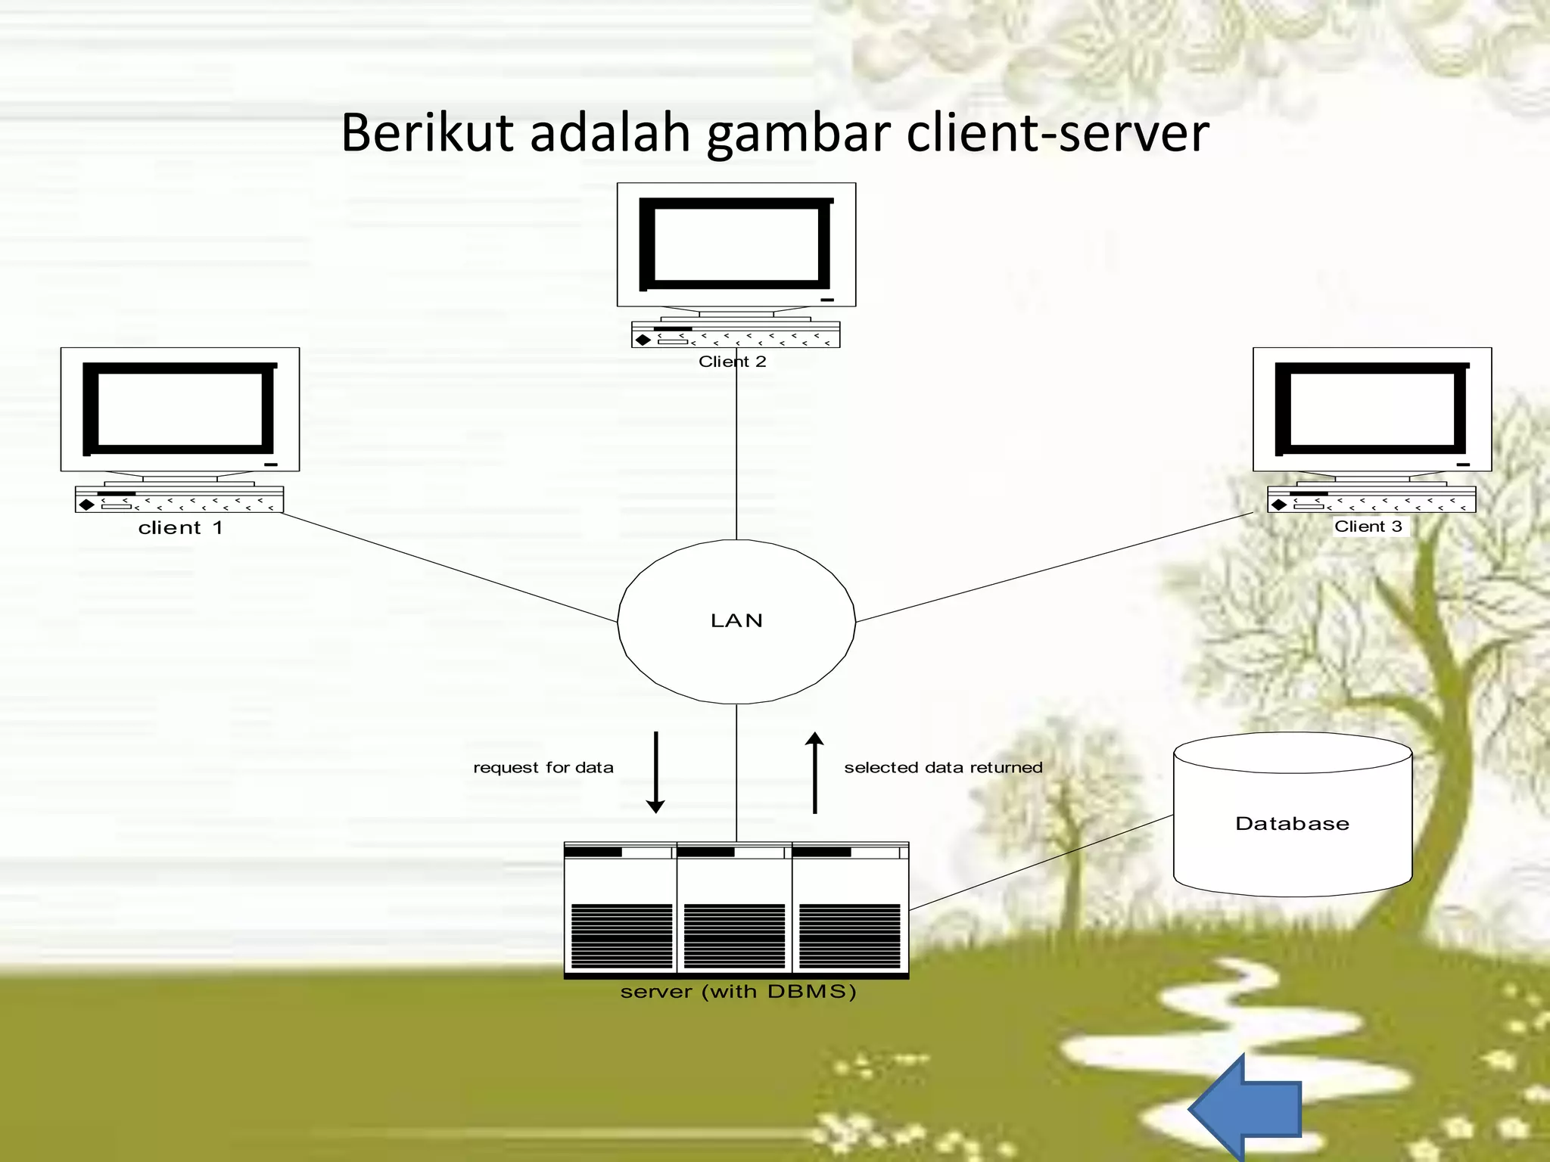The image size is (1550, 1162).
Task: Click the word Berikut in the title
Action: [x=427, y=133]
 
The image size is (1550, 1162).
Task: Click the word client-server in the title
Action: [x=1057, y=133]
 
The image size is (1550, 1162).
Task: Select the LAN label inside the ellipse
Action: [x=736, y=621]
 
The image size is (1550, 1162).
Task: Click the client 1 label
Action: [x=180, y=528]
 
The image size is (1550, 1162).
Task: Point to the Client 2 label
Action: [x=732, y=362]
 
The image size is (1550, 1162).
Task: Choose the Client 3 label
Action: [x=1368, y=527]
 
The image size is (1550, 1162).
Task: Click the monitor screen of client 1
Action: [x=180, y=409]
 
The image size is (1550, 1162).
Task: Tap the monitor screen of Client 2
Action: [x=736, y=244]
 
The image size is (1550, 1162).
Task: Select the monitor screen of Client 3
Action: [x=1371, y=409]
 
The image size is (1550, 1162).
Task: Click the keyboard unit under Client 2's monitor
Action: [x=736, y=335]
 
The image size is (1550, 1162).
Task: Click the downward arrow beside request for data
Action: [x=655, y=772]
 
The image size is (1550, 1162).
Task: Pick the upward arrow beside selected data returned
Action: [x=814, y=772]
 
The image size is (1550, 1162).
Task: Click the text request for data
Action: [x=543, y=768]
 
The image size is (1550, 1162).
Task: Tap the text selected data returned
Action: [x=943, y=768]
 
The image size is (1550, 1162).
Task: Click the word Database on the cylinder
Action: [x=1292, y=824]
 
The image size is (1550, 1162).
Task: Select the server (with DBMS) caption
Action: [x=738, y=992]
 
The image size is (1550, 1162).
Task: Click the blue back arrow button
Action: [x=1249, y=1108]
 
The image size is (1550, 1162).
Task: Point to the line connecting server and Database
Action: [x=1041, y=862]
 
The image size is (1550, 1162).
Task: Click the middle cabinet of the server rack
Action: [x=734, y=908]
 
